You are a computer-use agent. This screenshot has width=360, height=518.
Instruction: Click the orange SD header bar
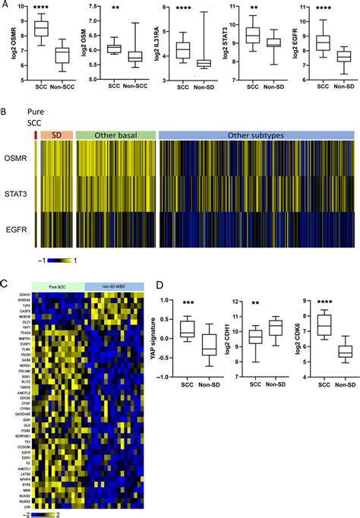(x=56, y=134)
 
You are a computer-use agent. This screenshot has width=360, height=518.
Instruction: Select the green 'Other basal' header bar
(x=115, y=134)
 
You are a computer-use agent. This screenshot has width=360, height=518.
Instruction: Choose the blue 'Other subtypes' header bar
(x=257, y=134)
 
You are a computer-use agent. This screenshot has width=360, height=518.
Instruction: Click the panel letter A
(x=5, y=5)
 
